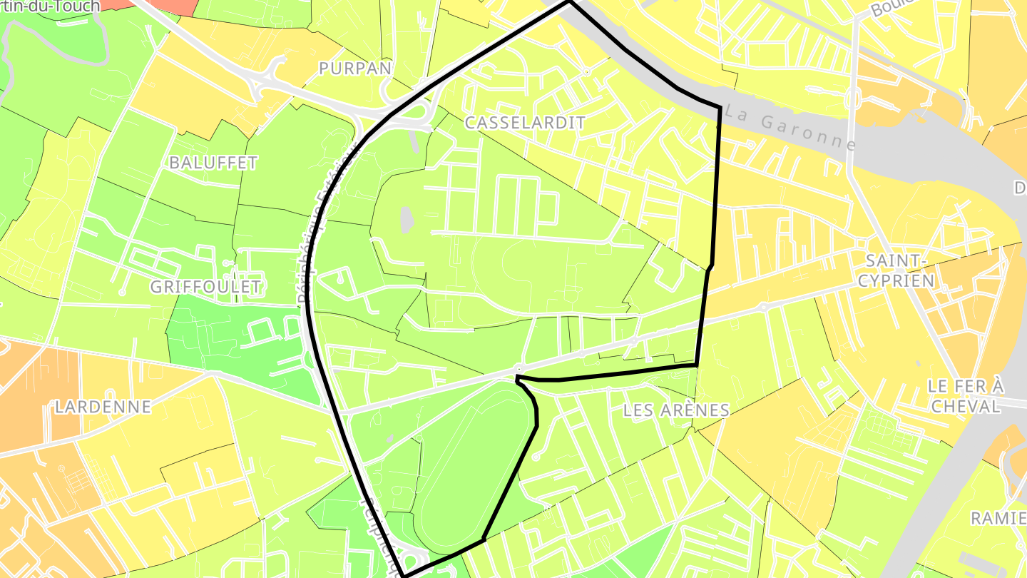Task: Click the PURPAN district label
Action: (x=355, y=69)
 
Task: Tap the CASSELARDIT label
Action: (x=525, y=123)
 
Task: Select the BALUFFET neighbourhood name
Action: (x=213, y=163)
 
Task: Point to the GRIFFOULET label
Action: (x=205, y=287)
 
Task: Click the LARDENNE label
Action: (x=103, y=407)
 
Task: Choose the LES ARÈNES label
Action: (x=676, y=410)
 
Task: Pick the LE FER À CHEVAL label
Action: (x=965, y=396)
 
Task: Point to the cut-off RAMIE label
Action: (x=998, y=518)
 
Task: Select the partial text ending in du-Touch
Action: (x=50, y=6)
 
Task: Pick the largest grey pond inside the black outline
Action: (x=407, y=220)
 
